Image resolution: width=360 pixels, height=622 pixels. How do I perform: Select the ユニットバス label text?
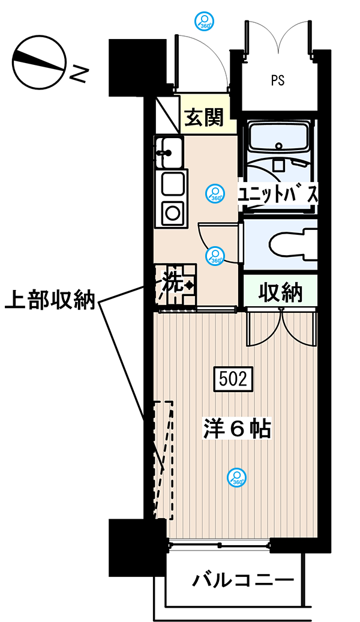(278, 195)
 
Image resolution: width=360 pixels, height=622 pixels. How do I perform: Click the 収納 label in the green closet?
(280, 293)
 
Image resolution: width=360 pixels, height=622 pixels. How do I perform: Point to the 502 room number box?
(233, 379)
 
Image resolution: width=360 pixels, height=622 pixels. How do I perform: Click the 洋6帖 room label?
(237, 429)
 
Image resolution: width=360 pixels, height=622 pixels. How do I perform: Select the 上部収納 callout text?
(50, 300)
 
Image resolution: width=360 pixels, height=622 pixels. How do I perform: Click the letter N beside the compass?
(79, 74)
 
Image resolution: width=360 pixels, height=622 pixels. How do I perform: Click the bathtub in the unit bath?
(280, 137)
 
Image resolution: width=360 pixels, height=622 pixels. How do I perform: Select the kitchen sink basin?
(169, 152)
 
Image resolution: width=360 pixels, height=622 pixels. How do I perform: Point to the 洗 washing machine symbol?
(175, 285)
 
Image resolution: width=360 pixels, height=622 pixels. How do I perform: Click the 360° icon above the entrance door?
(205, 21)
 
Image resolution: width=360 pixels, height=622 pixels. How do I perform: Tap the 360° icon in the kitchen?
(215, 193)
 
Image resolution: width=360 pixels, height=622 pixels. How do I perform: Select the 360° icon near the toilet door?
(215, 256)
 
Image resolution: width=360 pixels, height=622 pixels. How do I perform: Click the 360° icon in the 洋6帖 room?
(237, 478)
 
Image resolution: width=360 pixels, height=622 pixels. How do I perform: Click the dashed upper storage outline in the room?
(163, 460)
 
